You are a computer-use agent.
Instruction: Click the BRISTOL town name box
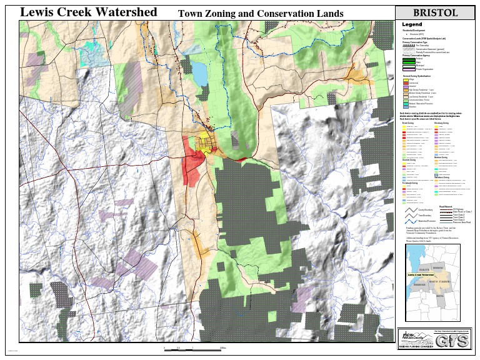(435, 12)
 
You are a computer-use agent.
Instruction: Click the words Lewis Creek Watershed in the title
(88, 12)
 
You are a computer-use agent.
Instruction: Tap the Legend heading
(412, 24)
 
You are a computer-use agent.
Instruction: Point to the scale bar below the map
(194, 348)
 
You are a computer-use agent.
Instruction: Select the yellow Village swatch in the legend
(406, 80)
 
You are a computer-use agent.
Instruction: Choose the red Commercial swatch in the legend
(406, 83)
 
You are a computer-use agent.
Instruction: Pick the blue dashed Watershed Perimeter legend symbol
(409, 221)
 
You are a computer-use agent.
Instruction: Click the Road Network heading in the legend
(446, 206)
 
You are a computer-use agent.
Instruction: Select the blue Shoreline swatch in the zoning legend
(406, 107)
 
